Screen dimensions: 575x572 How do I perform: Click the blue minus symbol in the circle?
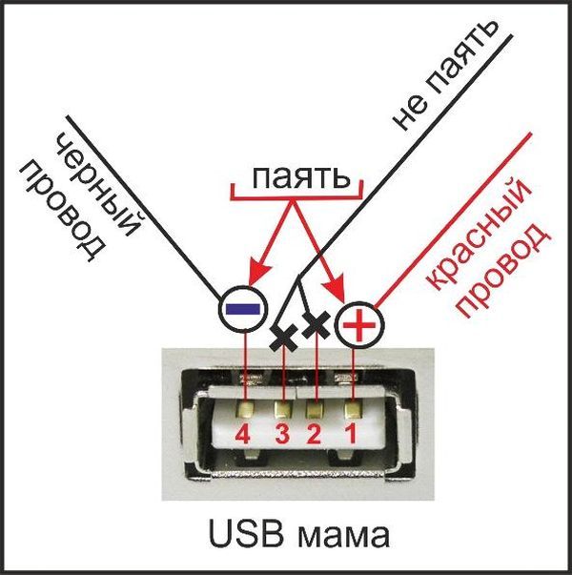pos(244,308)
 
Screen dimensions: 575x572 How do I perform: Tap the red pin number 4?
pos(244,436)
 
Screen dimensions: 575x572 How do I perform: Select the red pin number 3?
pos(282,436)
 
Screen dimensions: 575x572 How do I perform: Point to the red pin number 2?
pos(315,436)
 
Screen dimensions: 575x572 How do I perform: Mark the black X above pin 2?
pos(315,327)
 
